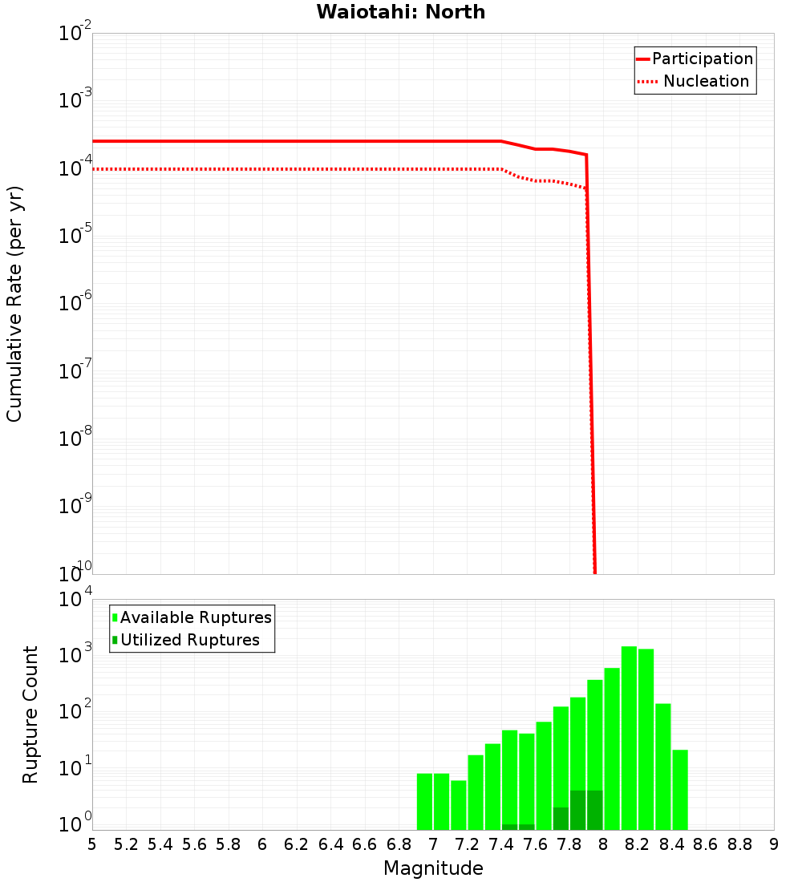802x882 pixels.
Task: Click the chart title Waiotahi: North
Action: click(x=401, y=12)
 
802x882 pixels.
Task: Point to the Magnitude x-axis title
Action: click(x=433, y=868)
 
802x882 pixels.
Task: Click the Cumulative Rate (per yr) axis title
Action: click(x=14, y=304)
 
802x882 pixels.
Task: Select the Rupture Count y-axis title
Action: click(x=30, y=714)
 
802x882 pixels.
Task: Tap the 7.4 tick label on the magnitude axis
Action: click(x=501, y=844)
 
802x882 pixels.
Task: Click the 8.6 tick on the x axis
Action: click(x=706, y=844)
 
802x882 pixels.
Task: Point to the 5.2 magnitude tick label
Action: click(x=127, y=844)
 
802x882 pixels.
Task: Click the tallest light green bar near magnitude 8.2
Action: click(x=629, y=738)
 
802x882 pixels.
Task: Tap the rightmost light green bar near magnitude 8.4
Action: click(x=680, y=790)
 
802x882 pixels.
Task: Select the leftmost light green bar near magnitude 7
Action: click(x=424, y=802)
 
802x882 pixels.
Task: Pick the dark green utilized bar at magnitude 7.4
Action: click(x=509, y=827)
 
